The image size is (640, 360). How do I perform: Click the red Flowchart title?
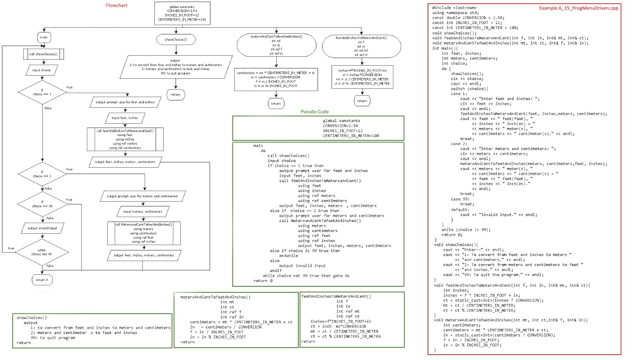[x=116, y=6]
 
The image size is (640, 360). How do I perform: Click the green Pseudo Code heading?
[x=314, y=112]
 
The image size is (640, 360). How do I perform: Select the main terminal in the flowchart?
[x=44, y=37]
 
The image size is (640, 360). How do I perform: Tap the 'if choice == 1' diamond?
[x=42, y=92]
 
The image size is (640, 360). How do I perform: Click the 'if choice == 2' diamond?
[x=42, y=174]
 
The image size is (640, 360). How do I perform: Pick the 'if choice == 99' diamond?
[x=42, y=204]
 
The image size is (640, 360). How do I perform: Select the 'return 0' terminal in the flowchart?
[x=42, y=280]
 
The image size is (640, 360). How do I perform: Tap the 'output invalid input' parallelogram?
[x=42, y=228]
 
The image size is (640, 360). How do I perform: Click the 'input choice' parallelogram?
[x=42, y=70]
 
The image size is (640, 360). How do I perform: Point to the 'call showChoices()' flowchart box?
[x=43, y=54]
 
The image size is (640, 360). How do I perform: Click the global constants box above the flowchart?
[x=182, y=13]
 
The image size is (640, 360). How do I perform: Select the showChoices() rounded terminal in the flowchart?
[x=175, y=39]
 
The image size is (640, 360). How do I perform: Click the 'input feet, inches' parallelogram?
[x=125, y=118]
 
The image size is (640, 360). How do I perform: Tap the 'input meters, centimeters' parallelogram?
[x=143, y=212]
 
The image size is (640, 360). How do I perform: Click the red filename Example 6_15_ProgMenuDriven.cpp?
[x=578, y=8]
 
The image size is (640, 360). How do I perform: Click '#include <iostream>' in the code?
[x=454, y=8]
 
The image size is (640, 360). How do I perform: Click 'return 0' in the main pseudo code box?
[x=263, y=281]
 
